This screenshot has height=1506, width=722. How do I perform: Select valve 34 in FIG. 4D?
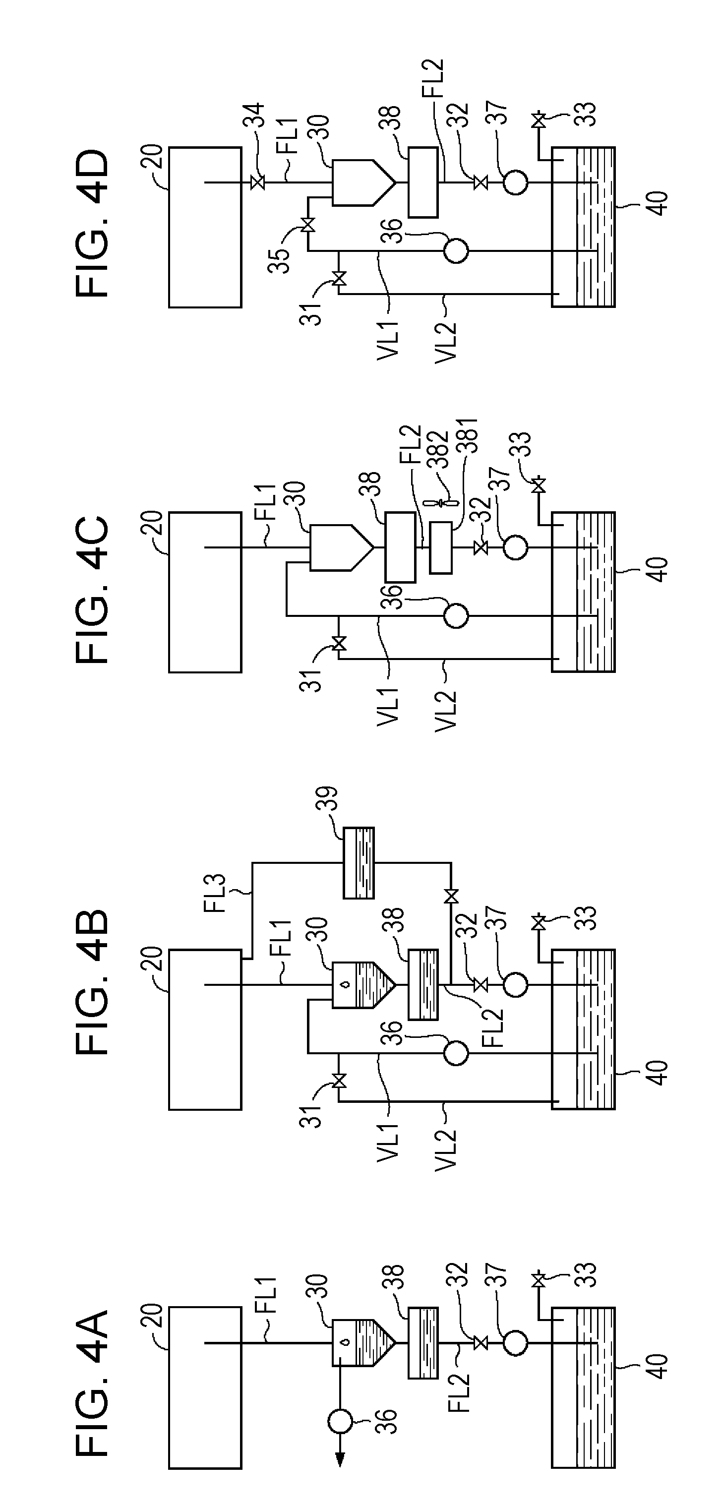point(256,183)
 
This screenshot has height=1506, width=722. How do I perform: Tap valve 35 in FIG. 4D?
point(307,225)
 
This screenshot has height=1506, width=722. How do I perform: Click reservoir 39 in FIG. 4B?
point(359,862)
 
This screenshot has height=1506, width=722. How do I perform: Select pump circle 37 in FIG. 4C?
point(515,548)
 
